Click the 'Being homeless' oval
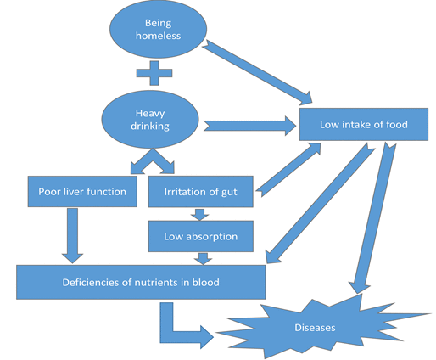(x=158, y=29)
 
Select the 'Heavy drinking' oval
(x=150, y=120)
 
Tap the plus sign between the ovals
(x=154, y=73)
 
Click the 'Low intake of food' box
(x=364, y=124)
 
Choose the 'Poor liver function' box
(x=82, y=192)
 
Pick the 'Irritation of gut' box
(x=201, y=192)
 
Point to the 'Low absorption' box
(x=201, y=236)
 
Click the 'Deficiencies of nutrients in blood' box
(x=141, y=282)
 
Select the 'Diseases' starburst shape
(x=315, y=328)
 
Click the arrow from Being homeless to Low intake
(x=257, y=72)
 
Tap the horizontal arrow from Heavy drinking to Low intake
(x=250, y=126)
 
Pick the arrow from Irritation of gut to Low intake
(x=288, y=170)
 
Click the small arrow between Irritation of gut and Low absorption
(x=199, y=215)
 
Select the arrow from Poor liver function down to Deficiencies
(x=73, y=235)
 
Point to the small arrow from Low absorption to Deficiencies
(x=203, y=259)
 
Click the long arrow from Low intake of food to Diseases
(x=372, y=218)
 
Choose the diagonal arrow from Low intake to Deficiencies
(x=321, y=203)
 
